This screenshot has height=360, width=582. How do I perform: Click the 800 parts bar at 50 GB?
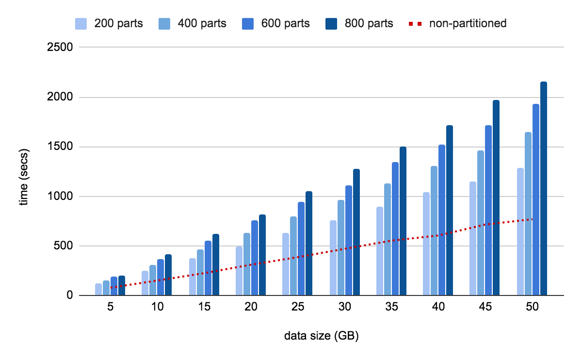point(543,189)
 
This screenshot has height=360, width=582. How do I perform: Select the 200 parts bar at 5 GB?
point(98,289)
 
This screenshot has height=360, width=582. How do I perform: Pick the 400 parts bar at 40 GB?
point(434,230)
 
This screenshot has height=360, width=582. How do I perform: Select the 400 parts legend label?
point(202,23)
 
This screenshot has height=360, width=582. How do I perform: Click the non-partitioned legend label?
point(468,23)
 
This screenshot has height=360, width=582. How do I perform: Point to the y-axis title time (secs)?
point(23,171)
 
